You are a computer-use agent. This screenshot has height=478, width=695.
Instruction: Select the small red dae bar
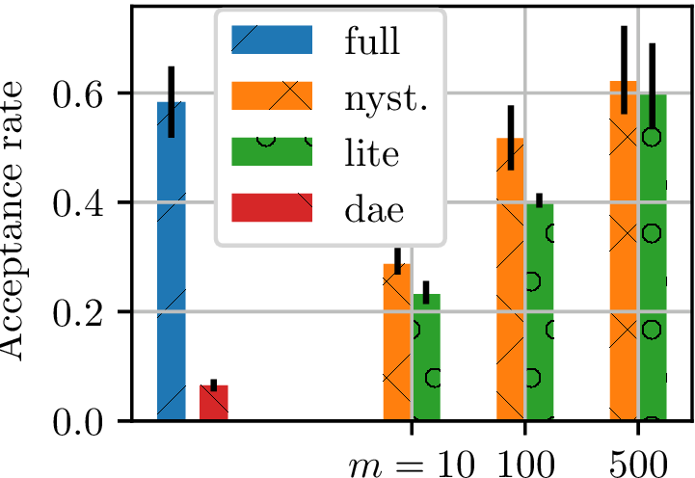click(x=213, y=403)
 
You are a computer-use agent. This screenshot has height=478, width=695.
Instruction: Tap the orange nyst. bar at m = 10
click(x=397, y=343)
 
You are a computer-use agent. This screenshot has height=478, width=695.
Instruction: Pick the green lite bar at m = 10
click(x=426, y=358)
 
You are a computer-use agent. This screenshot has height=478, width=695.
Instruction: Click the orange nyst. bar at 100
click(x=510, y=279)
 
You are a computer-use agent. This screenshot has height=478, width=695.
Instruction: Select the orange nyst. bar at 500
click(x=624, y=251)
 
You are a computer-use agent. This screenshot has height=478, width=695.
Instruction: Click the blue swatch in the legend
click(x=272, y=41)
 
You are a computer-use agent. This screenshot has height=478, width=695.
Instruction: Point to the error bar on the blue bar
click(x=171, y=101)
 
